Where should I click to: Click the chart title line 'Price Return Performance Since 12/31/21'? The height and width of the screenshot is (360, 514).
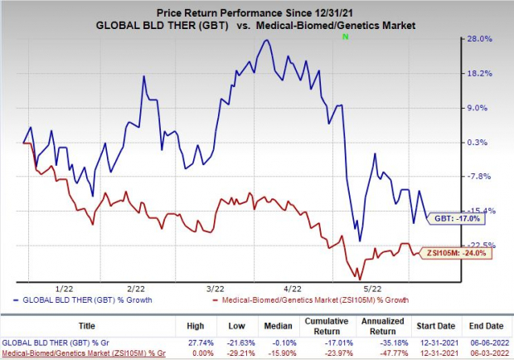(256, 7)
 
